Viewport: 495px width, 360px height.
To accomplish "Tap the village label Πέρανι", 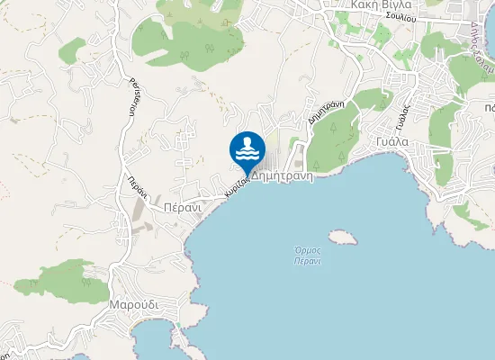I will tap(181, 206).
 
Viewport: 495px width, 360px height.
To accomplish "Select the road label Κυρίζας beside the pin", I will tap(237, 187).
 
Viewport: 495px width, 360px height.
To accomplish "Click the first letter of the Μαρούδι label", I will tap(113, 305).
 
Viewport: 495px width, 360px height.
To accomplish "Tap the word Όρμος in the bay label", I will tap(296, 249).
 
